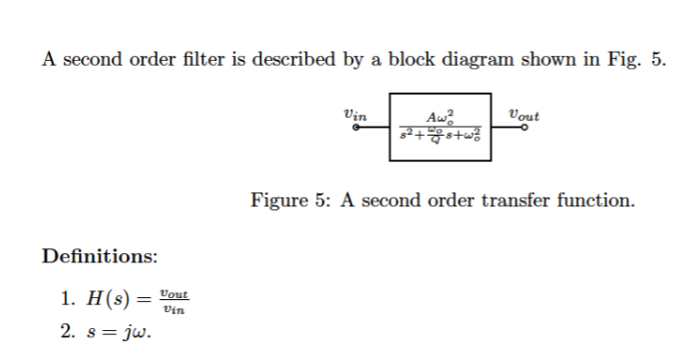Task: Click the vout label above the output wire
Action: coord(523,116)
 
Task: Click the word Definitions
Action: coord(99,256)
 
